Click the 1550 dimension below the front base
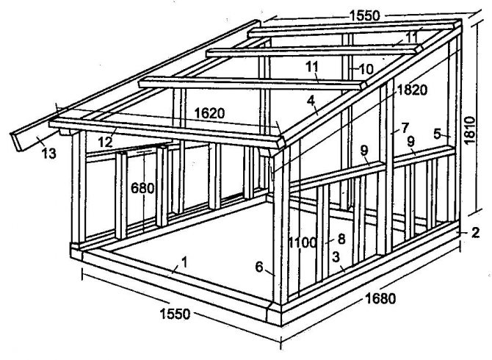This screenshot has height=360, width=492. [174, 314]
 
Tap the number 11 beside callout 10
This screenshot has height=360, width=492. [312, 67]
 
